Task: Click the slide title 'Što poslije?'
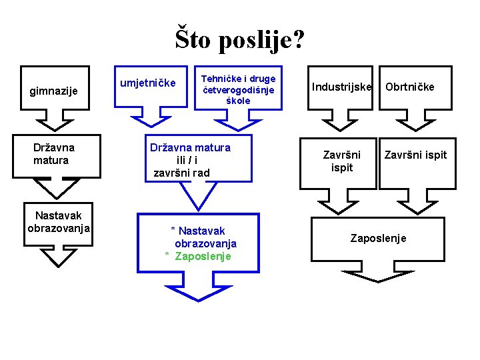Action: [x=240, y=39]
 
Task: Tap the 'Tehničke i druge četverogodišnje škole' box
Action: [x=237, y=89]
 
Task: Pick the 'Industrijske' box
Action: [x=341, y=87]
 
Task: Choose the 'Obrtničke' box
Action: [x=409, y=87]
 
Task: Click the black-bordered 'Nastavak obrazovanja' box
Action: [x=59, y=222]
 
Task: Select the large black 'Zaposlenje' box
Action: [x=378, y=239]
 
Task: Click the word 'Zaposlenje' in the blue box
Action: [x=203, y=256]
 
